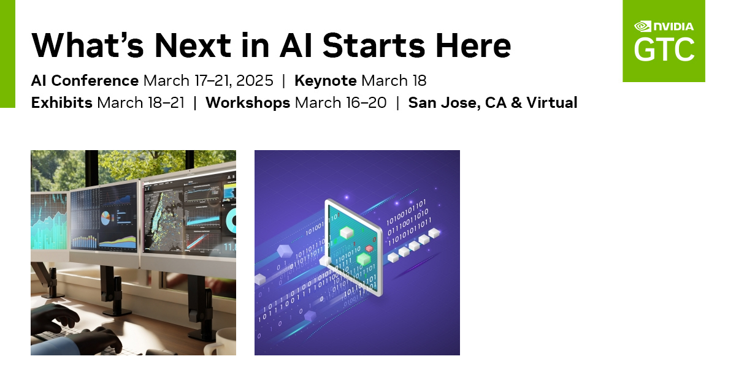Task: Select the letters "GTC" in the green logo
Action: pyautogui.click(x=664, y=50)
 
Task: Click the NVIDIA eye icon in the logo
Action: pyautogui.click(x=642, y=26)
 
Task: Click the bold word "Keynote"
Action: pyautogui.click(x=326, y=81)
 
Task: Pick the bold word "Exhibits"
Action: pyautogui.click(x=61, y=102)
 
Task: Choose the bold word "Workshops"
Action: pyautogui.click(x=248, y=102)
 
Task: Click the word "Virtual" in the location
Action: pyautogui.click(x=550, y=102)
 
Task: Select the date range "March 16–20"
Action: pyautogui.click(x=341, y=102)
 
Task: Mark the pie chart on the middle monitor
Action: pyautogui.click(x=105, y=217)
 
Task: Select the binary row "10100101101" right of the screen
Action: pyautogui.click(x=405, y=203)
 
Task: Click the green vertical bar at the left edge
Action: pyautogui.click(x=7, y=54)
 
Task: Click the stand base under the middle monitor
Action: pyautogui.click(x=114, y=310)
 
